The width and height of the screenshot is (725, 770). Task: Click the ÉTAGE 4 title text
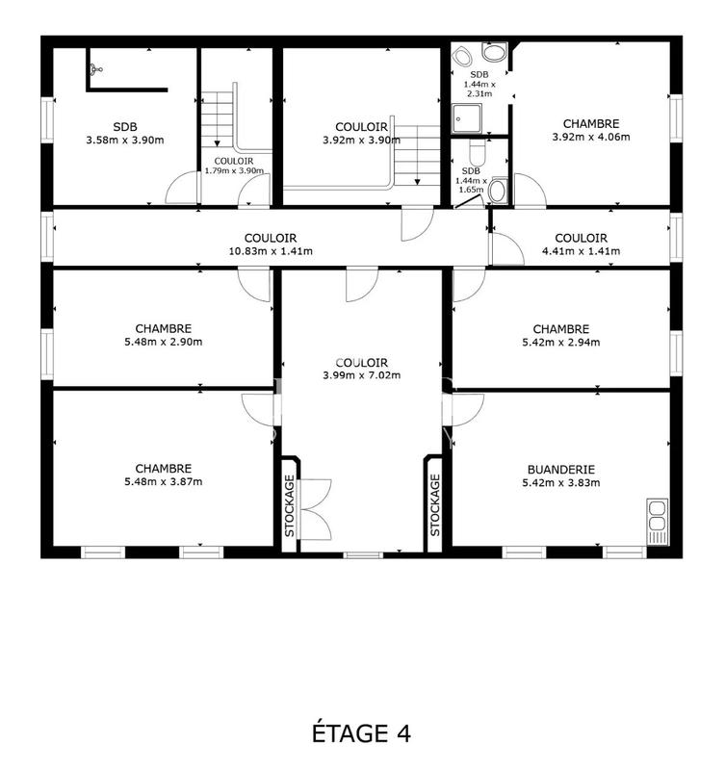click(x=362, y=733)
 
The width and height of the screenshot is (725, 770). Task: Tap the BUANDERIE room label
click(x=559, y=470)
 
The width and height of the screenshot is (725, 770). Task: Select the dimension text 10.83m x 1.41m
click(x=270, y=251)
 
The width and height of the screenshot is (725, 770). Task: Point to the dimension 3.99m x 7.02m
click(x=361, y=375)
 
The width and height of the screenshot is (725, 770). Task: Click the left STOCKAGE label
click(x=289, y=504)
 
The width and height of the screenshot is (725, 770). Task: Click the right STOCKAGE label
click(x=434, y=504)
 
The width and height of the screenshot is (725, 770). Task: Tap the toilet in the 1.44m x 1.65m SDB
click(x=496, y=190)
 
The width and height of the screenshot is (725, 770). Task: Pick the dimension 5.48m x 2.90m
click(x=163, y=342)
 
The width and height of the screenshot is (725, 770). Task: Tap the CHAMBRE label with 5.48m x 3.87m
click(x=163, y=469)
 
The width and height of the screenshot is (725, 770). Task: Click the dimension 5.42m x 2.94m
click(x=560, y=342)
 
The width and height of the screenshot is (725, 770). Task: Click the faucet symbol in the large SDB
click(x=94, y=68)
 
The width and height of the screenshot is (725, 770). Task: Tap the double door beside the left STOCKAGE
click(x=315, y=508)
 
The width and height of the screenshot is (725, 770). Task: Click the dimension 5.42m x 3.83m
click(x=560, y=483)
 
